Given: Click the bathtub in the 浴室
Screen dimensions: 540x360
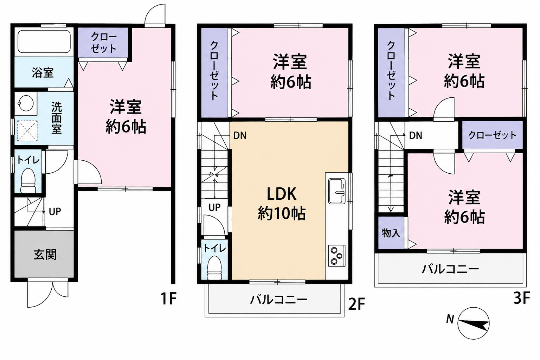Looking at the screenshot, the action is click(x=44, y=41).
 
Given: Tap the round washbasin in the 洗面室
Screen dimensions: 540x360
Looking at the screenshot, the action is click(x=26, y=103).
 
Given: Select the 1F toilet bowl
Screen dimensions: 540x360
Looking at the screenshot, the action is click(x=28, y=180).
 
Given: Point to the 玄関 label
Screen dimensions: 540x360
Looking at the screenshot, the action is click(x=45, y=255).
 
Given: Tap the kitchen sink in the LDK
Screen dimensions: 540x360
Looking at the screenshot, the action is click(x=336, y=191).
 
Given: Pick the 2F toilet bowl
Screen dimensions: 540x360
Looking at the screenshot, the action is click(x=214, y=268).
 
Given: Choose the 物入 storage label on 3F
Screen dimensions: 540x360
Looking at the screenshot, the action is click(x=391, y=233).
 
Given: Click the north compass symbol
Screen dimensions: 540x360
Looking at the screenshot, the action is click(x=473, y=323).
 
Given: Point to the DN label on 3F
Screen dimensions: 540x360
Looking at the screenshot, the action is click(x=416, y=136).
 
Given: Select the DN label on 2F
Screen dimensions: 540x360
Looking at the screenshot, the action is click(x=240, y=136).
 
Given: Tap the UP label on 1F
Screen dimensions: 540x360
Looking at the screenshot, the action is click(x=55, y=212).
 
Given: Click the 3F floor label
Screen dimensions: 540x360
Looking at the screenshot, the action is click(x=521, y=298).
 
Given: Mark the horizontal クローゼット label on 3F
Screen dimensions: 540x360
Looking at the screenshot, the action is click(x=492, y=135).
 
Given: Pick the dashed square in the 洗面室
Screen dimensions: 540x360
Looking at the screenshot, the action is click(x=27, y=131).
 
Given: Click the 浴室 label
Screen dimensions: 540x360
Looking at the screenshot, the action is click(x=43, y=72).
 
